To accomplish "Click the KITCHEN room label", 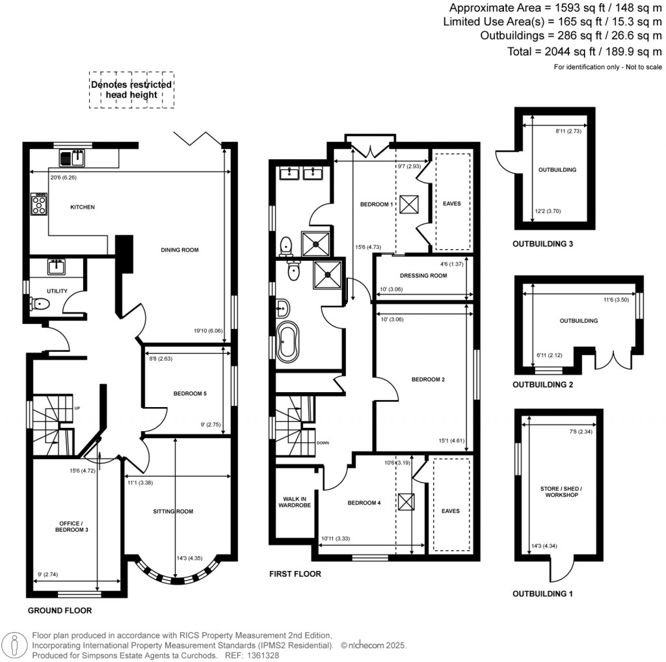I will coord(83,207).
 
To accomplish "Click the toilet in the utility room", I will coord(38,304).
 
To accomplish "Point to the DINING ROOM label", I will coord(179,250).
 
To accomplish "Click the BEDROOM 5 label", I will coord(190,393).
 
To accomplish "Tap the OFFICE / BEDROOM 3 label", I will coord(70,527).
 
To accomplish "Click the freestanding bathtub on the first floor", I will coord(287,341).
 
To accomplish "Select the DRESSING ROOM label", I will coord(423,276).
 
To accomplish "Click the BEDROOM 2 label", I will coord(425,380).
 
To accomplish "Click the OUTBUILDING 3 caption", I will coord(542,245).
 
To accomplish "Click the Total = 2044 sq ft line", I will coord(584,51).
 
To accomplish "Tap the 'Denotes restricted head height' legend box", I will coord(132,90).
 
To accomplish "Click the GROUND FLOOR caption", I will coord(59,611).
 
